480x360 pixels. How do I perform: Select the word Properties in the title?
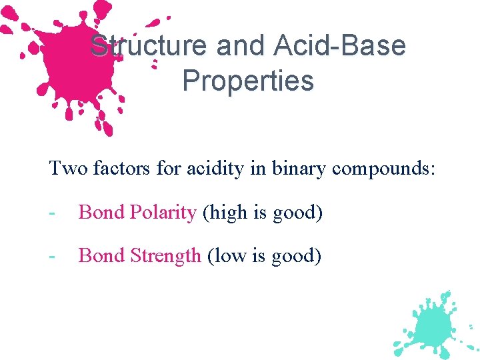coord(248,81)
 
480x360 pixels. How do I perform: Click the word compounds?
coord(383,169)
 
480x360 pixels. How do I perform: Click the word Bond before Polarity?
coord(101,213)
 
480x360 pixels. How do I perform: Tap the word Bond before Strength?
coord(101,255)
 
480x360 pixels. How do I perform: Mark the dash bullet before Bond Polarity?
coord(52,213)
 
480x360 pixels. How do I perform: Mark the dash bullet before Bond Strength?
coord(52,256)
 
